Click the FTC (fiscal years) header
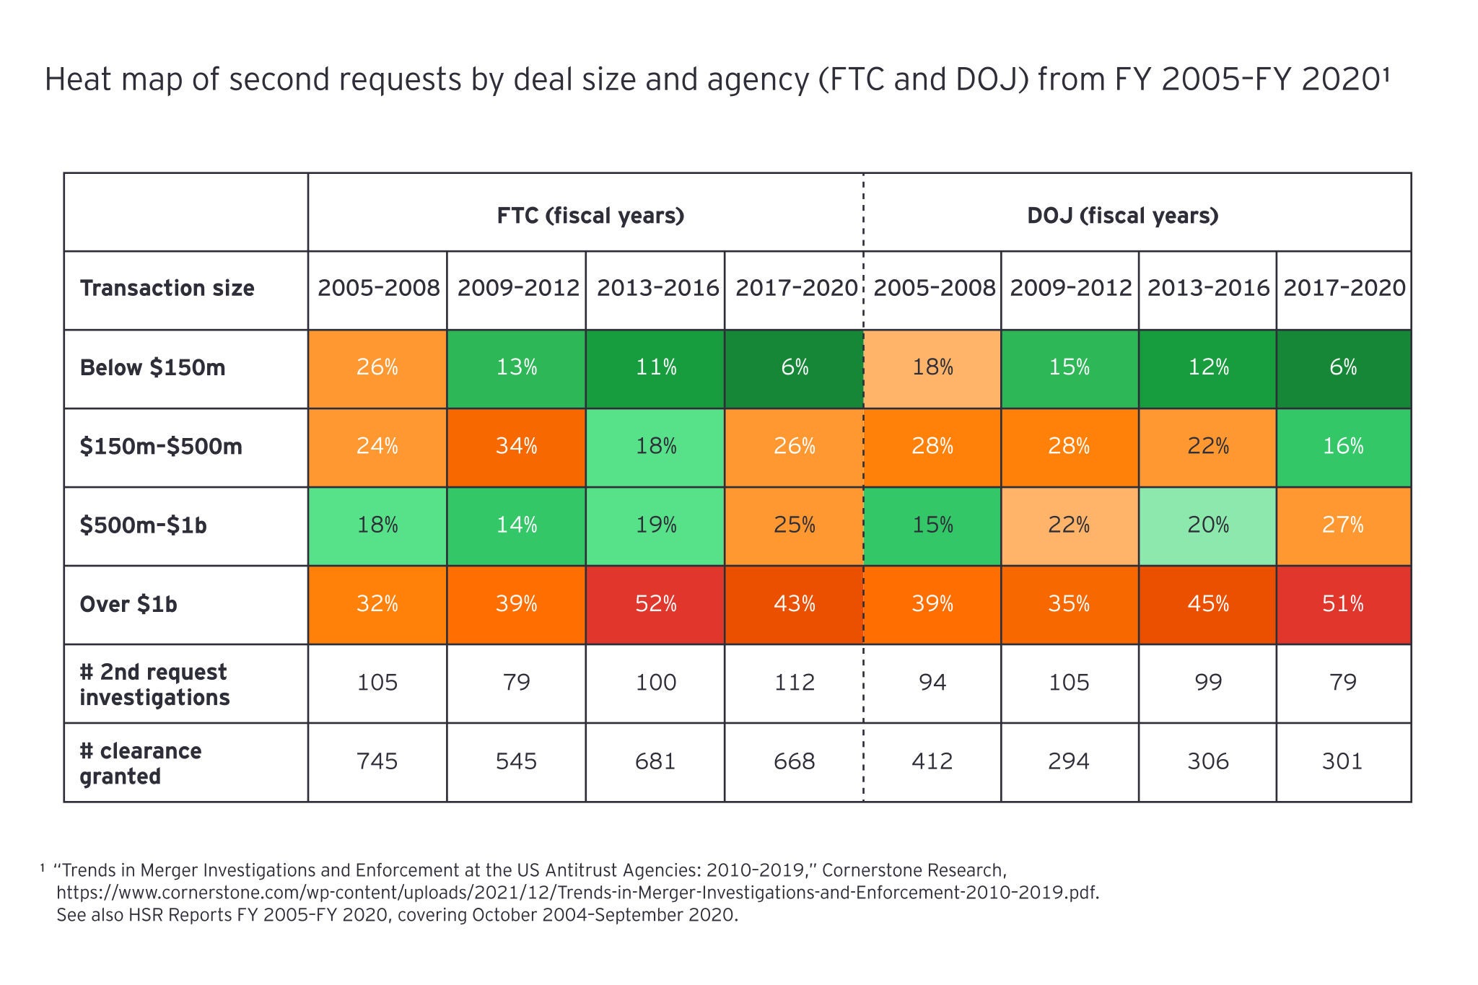point(590,216)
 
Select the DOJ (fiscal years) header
point(1122,216)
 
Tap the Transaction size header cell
point(167,289)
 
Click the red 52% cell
point(655,604)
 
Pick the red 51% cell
point(1342,604)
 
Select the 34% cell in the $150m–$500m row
point(516,447)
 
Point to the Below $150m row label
point(152,368)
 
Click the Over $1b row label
point(128,604)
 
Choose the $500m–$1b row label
point(144,525)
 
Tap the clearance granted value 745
point(377,761)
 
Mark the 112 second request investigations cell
point(794,683)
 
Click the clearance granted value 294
point(1069,761)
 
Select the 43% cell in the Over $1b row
point(794,604)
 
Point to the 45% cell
point(1207,604)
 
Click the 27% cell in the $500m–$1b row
point(1342,525)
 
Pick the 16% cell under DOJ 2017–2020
point(1342,447)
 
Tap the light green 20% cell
point(1207,525)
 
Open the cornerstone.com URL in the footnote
point(577,893)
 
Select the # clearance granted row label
point(141,763)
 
